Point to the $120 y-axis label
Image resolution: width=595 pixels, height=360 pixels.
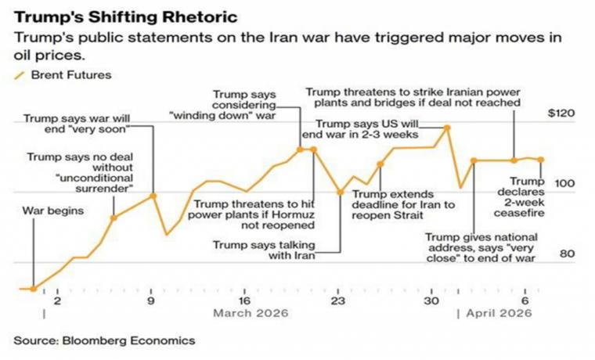[561, 113]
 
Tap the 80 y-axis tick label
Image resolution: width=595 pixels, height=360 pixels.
[567, 254]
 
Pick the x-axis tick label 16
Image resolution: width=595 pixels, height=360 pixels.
[244, 301]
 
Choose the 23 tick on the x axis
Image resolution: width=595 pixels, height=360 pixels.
[338, 301]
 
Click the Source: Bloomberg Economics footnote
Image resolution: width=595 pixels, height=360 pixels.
[105, 340]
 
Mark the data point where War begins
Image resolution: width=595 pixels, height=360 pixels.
[33, 289]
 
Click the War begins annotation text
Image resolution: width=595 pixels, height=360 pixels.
[53, 211]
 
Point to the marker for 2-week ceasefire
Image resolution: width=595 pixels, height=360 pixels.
[541, 160]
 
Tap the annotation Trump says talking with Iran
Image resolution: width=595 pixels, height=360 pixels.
[264, 250]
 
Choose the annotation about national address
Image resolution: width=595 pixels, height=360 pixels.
[481, 246]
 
